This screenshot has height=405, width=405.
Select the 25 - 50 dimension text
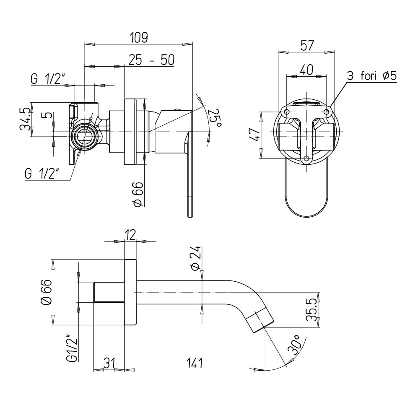(151, 60)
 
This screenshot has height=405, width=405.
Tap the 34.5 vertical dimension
(26, 119)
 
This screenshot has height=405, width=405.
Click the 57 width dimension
(306, 46)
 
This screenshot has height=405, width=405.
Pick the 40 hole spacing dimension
(306, 70)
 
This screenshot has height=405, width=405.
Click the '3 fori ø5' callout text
(371, 76)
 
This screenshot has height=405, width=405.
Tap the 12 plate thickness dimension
(130, 235)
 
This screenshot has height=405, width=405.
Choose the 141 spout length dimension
(194, 363)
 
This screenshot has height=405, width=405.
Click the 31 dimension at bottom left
(109, 363)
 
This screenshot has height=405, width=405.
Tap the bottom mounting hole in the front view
(306, 158)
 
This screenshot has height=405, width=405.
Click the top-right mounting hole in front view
(326, 112)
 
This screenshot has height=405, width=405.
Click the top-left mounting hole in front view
(287, 112)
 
